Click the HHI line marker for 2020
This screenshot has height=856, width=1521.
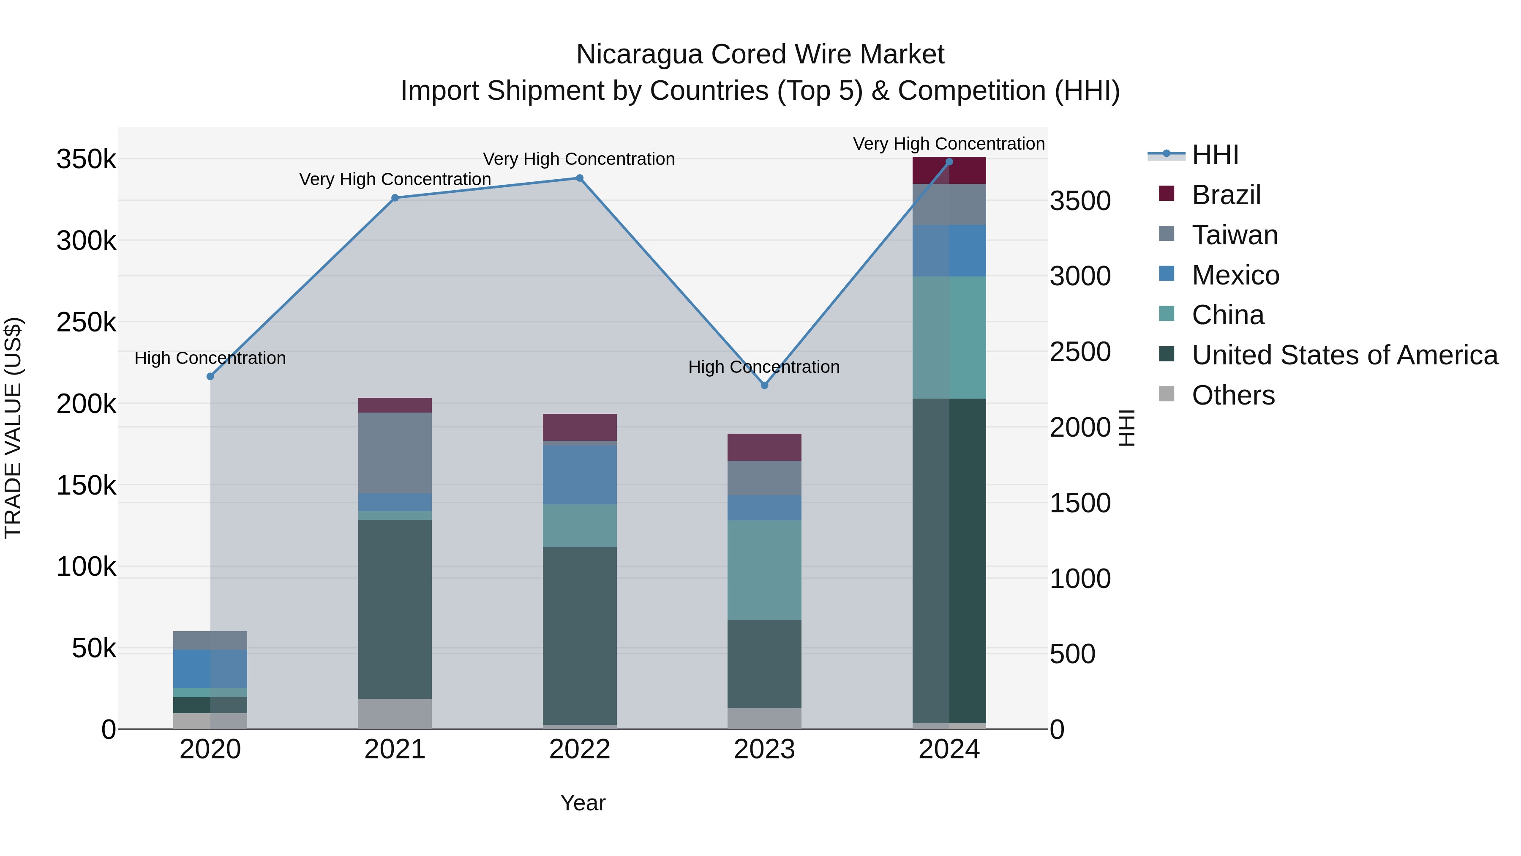pyautogui.click(x=210, y=376)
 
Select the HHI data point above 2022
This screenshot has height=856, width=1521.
pyautogui.click(x=579, y=178)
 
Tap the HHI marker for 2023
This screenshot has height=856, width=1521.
pyautogui.click(x=764, y=385)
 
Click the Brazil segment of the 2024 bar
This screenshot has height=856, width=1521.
pyautogui.click(x=949, y=171)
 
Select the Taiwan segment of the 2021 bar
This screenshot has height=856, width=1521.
pyautogui.click(x=395, y=452)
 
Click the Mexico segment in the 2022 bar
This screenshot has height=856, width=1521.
pyautogui.click(x=579, y=474)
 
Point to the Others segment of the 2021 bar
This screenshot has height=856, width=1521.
pyautogui.click(x=395, y=714)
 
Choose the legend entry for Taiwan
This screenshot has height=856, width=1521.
pyautogui.click(x=1234, y=235)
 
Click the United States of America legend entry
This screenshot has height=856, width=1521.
pyautogui.click(x=1344, y=355)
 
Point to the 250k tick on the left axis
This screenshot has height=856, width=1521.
pyautogui.click(x=86, y=323)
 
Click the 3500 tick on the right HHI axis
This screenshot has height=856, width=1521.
pyautogui.click(x=1080, y=201)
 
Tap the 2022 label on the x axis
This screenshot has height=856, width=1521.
pyautogui.click(x=579, y=749)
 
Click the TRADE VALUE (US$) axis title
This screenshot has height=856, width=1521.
pyautogui.click(x=13, y=428)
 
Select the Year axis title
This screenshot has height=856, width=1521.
pyautogui.click(x=582, y=803)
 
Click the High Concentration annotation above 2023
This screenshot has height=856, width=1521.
pyautogui.click(x=763, y=367)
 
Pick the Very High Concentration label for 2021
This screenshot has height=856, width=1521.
pyautogui.click(x=395, y=179)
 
